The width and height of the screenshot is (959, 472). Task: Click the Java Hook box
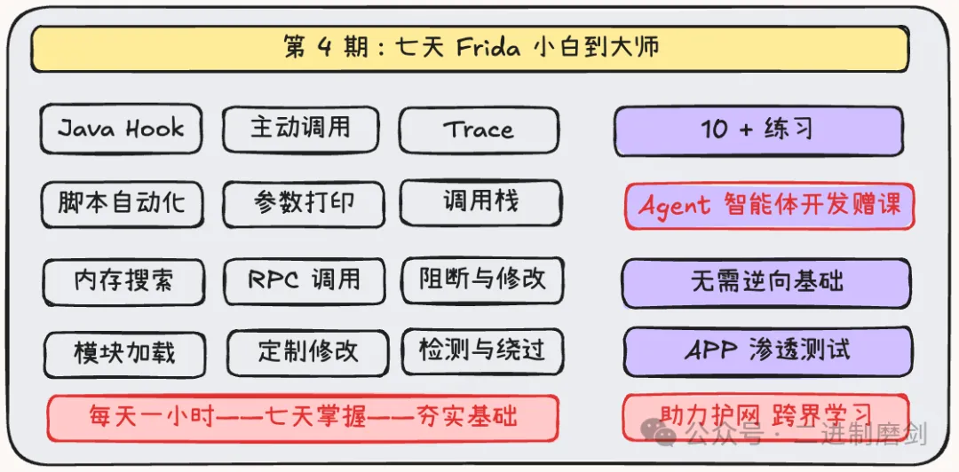click(x=121, y=129)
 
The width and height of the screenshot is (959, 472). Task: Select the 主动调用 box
click(x=300, y=129)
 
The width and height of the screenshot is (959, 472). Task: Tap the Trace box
click(x=479, y=130)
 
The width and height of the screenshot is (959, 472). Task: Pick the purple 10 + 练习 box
click(x=758, y=130)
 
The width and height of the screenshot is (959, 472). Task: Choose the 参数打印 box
click(x=304, y=203)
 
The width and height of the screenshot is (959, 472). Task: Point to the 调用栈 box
click(x=480, y=202)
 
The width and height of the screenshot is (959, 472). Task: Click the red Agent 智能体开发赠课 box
click(x=769, y=206)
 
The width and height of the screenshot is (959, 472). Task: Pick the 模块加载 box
click(x=125, y=353)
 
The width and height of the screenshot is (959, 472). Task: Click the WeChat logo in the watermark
click(x=658, y=434)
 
